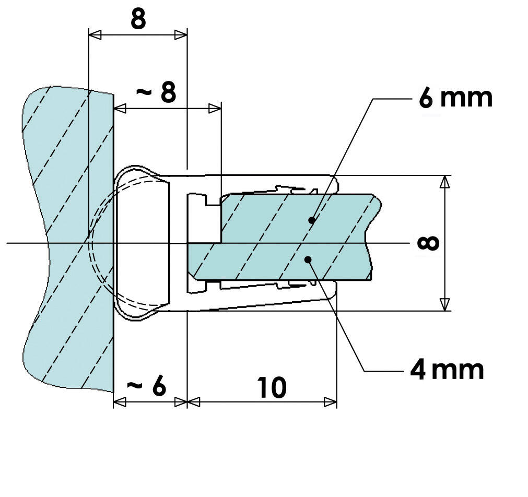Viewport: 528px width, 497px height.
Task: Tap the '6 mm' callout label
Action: [x=455, y=98]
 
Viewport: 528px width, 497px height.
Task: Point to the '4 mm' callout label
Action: [x=447, y=370]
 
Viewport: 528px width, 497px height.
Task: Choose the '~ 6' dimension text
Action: [x=147, y=386]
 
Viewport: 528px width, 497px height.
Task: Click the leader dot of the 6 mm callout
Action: [x=312, y=220]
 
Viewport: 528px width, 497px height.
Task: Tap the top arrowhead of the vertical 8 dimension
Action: [x=444, y=182]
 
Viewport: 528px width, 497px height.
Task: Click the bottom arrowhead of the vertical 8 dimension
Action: [x=444, y=304]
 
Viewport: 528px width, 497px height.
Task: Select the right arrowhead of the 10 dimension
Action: [x=331, y=402]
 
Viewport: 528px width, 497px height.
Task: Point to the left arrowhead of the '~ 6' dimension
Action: [x=120, y=402]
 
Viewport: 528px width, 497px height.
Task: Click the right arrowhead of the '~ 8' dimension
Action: [x=215, y=109]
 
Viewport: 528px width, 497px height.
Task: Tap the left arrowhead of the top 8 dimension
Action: [x=95, y=35]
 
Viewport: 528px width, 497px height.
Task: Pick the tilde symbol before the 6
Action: [x=135, y=386]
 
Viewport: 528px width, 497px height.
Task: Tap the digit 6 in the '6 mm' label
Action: [x=426, y=98]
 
